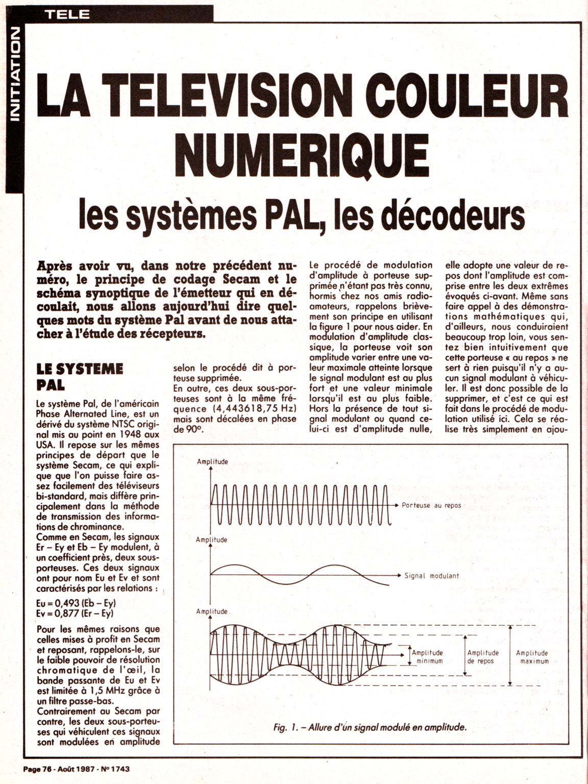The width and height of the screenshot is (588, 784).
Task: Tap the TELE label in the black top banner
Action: [66, 14]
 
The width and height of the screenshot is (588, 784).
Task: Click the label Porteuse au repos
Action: [431, 505]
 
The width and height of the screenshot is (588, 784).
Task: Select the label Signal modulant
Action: [431, 576]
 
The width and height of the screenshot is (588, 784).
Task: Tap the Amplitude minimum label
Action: [428, 657]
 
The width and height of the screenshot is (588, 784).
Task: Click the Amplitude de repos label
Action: [482, 657]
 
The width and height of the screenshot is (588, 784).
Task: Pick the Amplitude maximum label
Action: [532, 657]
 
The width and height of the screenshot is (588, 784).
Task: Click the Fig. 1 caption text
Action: [370, 727]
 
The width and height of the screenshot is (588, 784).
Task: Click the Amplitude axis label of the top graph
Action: [212, 462]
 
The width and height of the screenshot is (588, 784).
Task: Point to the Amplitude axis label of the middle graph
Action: [211, 540]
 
